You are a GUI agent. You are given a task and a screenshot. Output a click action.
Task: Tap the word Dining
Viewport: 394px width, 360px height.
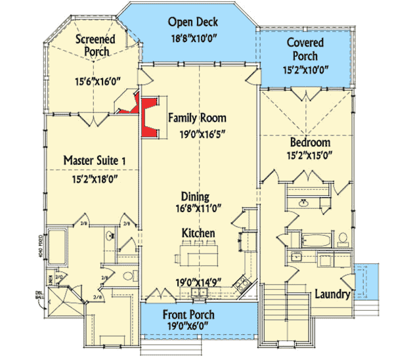196,196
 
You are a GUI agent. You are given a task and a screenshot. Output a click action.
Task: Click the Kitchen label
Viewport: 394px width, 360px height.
198,233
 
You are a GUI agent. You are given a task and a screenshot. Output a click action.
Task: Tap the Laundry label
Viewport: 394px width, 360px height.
332,294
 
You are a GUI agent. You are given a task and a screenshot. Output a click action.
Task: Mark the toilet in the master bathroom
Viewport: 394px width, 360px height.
129,275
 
